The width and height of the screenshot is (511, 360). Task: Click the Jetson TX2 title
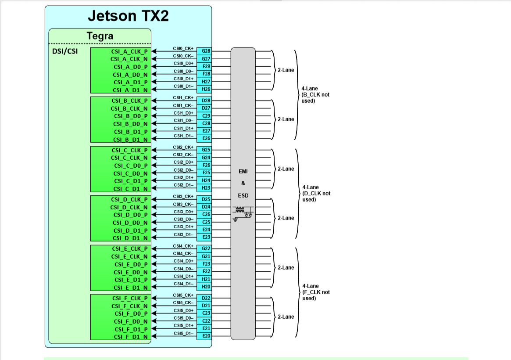point(128,16)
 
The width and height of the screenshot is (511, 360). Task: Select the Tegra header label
point(100,36)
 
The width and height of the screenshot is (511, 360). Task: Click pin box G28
point(206,51)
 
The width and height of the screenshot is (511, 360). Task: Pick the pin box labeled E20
point(206,336)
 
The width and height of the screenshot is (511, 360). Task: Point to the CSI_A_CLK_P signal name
point(129,51)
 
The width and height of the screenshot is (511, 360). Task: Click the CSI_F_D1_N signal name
point(130,337)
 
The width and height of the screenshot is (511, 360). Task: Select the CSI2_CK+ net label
point(183,147)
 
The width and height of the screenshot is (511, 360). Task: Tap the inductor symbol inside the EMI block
point(239,209)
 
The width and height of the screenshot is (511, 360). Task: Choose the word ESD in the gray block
point(243,195)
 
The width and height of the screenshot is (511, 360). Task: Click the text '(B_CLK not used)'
point(315,97)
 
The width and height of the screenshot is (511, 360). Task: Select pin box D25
point(206,199)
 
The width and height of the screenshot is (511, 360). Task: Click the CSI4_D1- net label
point(183,284)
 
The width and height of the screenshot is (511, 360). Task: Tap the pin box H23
point(206,188)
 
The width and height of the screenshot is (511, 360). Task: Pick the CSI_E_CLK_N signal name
point(129,256)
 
